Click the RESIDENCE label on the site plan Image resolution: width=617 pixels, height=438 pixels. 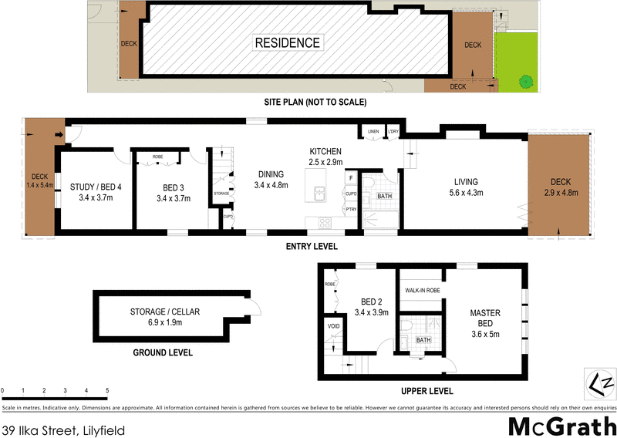(x=288, y=42)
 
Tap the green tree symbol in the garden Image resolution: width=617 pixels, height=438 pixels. (x=525, y=79)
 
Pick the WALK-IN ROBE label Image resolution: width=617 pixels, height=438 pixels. (x=421, y=291)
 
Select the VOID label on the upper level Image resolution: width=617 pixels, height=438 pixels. (x=334, y=326)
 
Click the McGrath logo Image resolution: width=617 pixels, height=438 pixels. (x=561, y=424)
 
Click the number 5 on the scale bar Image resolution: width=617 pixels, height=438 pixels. (x=107, y=392)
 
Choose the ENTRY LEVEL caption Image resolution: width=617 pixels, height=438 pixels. (x=312, y=247)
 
